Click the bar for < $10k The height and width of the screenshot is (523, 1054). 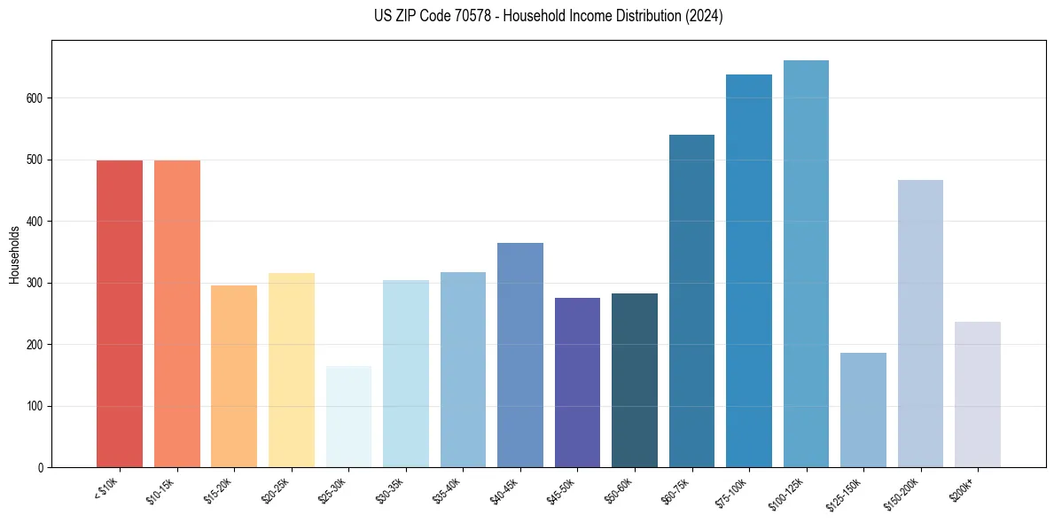(120, 314)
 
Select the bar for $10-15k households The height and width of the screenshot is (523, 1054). (176, 314)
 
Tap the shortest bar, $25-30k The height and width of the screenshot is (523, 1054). (348, 417)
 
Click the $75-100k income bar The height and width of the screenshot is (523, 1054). (749, 271)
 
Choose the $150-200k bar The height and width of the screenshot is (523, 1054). (920, 324)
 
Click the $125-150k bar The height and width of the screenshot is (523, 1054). (863, 410)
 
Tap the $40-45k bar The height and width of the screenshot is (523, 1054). (520, 355)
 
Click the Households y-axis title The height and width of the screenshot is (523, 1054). (14, 254)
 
